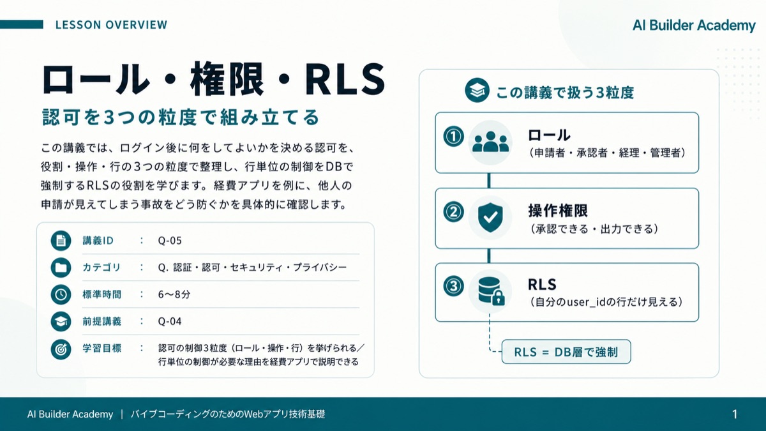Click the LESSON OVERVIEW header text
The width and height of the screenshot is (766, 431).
[111, 25]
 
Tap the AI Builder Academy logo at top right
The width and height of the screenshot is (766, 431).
[694, 26]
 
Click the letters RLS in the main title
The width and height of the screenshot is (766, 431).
[345, 79]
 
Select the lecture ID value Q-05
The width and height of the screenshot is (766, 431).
[170, 241]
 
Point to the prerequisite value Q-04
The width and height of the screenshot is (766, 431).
[170, 321]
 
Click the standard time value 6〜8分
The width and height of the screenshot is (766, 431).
[174, 294]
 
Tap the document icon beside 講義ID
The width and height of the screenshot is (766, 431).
[61, 241]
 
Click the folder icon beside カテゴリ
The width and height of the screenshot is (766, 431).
[61, 268]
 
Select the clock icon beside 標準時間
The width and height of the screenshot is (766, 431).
[61, 294]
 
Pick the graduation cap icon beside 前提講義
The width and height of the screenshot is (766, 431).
[61, 322]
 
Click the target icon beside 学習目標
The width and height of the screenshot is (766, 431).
[61, 349]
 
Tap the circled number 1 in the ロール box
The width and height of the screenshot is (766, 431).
[453, 137]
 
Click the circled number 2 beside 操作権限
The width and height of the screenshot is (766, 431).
[453, 212]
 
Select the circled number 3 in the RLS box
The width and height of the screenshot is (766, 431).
[453, 286]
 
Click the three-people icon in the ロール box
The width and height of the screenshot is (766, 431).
[490, 142]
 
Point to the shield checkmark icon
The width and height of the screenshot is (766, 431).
[490, 217]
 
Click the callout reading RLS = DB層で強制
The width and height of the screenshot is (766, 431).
[566, 352]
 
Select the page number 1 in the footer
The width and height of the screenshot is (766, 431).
[735, 414]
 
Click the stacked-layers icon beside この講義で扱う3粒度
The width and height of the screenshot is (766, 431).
[477, 90]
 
